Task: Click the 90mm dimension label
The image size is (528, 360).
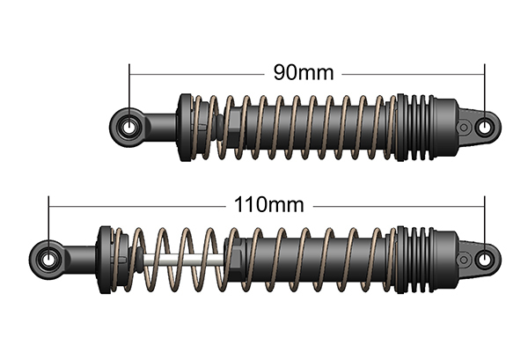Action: tap(304, 72)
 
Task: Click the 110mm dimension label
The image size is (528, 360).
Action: tap(268, 204)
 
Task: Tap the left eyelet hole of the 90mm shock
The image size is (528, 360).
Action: tap(129, 128)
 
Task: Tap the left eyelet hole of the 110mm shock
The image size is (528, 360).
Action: tap(48, 260)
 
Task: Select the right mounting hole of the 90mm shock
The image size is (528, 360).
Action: tap(485, 128)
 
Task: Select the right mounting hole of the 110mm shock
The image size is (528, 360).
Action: tap(485, 260)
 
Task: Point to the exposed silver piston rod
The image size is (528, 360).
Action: tap(184, 260)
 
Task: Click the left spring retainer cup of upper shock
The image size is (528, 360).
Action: tap(185, 128)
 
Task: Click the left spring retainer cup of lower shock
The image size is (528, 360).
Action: tap(105, 260)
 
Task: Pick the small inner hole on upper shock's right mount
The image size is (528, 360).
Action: tap(464, 128)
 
